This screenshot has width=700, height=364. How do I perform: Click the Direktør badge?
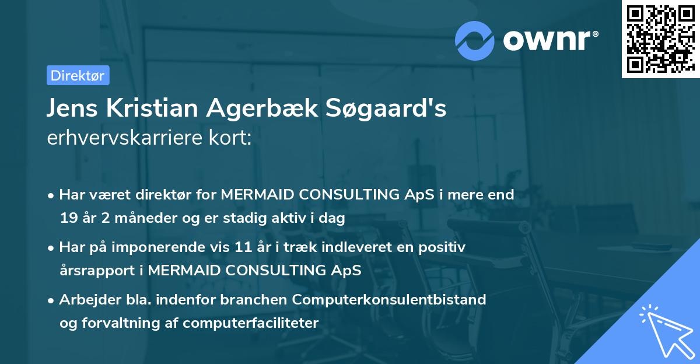coord(78,75)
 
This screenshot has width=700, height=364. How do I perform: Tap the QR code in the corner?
coord(660,38)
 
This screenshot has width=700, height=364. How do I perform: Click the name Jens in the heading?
coord(70,109)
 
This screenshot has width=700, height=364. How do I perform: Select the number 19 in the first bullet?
coord(68,219)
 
